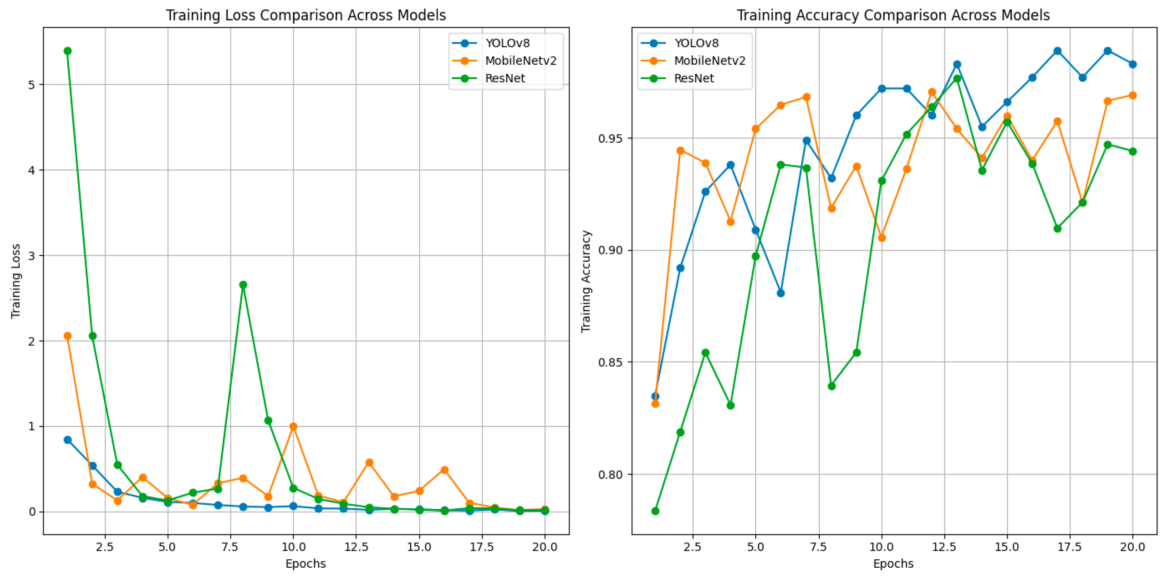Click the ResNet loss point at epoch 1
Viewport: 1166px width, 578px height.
coord(68,51)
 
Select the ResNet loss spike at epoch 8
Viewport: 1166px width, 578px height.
coord(243,285)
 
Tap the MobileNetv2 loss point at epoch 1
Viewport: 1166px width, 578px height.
coord(68,336)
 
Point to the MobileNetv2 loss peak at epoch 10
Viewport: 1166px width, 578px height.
coord(293,426)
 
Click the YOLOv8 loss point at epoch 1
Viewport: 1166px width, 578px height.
coord(68,440)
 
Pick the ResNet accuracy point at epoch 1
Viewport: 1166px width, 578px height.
coord(655,511)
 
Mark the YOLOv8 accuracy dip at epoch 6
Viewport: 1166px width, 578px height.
coord(781,293)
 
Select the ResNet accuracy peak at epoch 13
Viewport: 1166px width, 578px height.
coord(957,79)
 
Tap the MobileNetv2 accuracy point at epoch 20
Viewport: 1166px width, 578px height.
coord(1133,95)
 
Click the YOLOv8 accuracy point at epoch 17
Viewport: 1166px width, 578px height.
coord(1057,51)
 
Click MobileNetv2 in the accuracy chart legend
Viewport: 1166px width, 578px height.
coord(709,61)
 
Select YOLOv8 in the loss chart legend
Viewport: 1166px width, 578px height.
coord(507,43)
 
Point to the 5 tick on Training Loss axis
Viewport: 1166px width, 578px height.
coord(32,85)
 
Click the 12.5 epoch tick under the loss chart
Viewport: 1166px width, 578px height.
coord(356,547)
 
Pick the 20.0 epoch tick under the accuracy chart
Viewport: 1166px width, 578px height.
coord(1133,547)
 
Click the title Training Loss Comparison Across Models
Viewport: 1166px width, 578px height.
coord(306,15)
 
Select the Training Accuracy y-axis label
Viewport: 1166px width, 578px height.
coord(586,281)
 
